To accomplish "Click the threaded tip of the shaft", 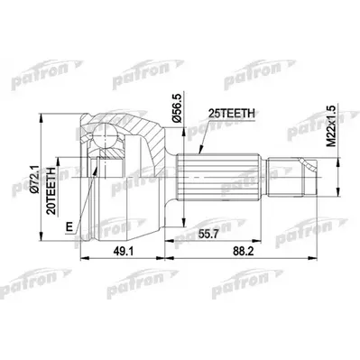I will coord(301,172).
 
